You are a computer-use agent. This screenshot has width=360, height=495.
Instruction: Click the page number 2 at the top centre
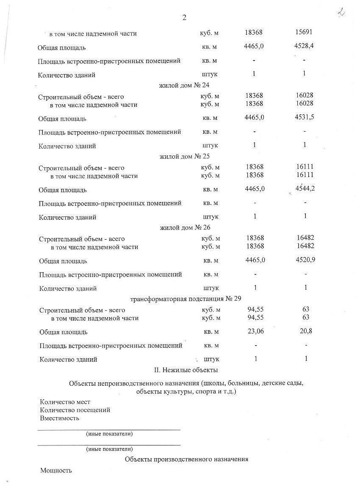184,17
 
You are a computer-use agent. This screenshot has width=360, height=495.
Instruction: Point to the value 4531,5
305,117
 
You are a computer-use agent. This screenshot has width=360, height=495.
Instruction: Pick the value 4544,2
305,188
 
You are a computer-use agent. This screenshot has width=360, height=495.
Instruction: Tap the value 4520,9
306,260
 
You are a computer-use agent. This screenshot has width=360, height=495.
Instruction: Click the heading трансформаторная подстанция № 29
186,299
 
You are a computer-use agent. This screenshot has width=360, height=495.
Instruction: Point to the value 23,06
255,331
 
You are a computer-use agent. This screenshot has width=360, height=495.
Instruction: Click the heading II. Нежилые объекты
186,370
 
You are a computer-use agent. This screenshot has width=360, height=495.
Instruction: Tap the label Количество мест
65,402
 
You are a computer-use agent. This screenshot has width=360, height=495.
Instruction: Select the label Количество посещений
75,410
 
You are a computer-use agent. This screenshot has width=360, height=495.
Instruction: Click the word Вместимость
60,418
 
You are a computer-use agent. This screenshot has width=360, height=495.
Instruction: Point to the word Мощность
56,470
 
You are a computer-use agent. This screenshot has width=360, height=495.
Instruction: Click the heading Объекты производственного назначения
186,459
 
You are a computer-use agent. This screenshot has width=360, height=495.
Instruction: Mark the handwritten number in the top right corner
341,12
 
